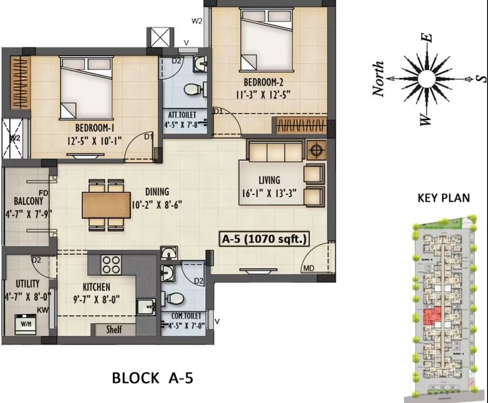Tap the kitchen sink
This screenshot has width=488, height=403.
145,307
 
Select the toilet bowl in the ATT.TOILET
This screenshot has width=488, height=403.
192,89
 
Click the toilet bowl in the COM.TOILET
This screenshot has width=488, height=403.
174,298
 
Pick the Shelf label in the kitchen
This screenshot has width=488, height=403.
113,330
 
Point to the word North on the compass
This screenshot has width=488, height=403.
378,79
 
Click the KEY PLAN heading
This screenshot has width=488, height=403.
443,198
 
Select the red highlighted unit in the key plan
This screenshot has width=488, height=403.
430,316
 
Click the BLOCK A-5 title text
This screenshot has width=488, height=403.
153,377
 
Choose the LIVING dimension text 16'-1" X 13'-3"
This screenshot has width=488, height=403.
270,192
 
